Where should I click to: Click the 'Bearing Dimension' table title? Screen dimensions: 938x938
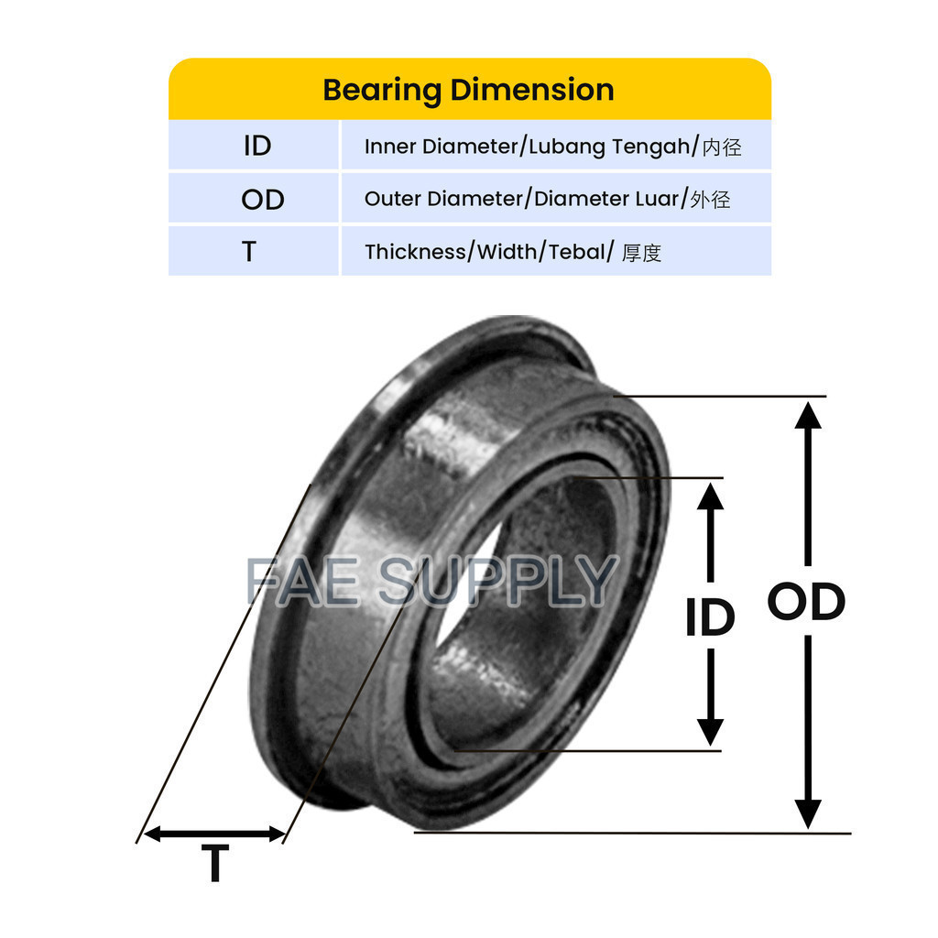pos(468,90)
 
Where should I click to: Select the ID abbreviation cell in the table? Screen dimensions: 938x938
pos(257,146)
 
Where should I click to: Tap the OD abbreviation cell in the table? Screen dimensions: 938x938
pos(263,199)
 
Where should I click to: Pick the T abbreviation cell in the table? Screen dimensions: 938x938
pos(249,252)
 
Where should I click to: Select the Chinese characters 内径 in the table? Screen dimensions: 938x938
pos(721,147)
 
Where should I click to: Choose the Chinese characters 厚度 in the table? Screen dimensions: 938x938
pos(641,253)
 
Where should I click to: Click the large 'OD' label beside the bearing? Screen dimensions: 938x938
pos(806,602)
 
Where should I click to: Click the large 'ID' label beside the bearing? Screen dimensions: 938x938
pos(710,618)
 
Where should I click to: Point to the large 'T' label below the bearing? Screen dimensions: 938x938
pos(215,863)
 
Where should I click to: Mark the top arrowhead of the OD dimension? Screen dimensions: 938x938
pos(807,414)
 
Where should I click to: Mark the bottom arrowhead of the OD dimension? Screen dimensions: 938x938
pos(807,813)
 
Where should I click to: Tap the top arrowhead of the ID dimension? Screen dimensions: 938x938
pos(710,495)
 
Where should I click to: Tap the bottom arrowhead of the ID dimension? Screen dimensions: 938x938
pos(710,731)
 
